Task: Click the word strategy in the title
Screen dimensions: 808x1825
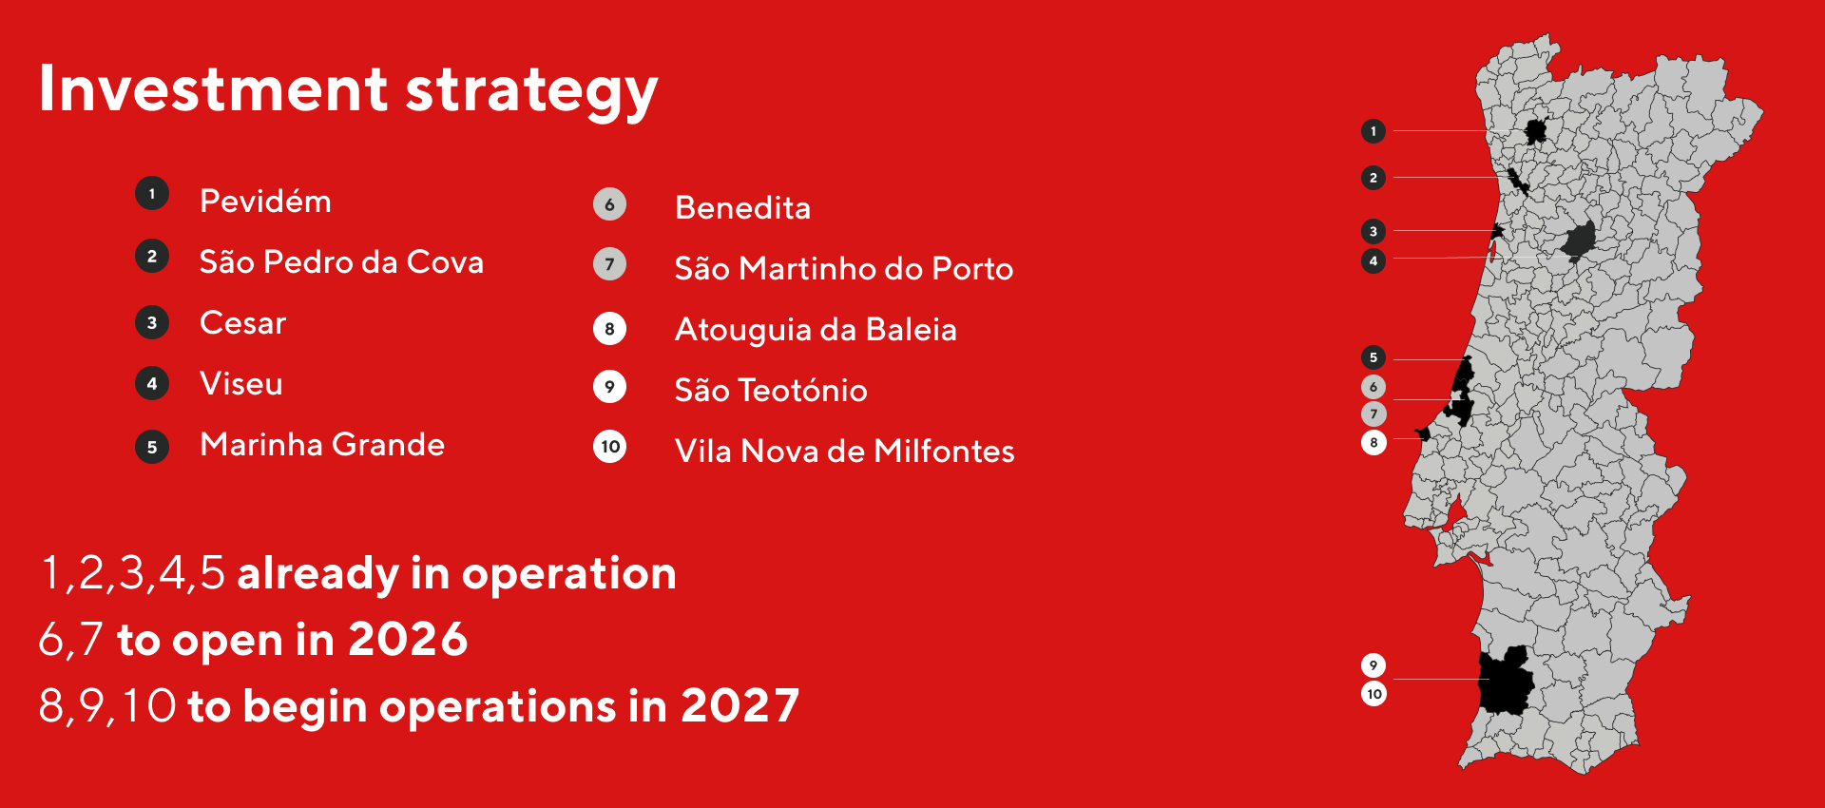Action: click(x=531, y=91)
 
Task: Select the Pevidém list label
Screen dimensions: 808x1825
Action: click(x=265, y=202)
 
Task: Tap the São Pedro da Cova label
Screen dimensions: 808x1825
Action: click(x=341, y=262)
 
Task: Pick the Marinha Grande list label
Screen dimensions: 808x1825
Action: click(x=322, y=445)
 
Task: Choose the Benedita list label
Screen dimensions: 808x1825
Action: click(x=742, y=208)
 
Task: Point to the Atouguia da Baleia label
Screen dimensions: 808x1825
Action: click(x=816, y=330)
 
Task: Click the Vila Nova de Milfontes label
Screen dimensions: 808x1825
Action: click(x=844, y=452)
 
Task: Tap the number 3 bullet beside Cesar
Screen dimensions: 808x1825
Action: click(x=152, y=323)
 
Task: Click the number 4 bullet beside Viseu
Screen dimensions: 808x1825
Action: click(x=152, y=384)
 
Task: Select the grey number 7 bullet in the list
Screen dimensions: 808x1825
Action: click(x=609, y=264)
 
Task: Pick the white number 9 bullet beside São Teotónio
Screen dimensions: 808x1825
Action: click(x=609, y=387)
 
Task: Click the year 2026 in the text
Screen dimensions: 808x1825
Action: click(x=408, y=640)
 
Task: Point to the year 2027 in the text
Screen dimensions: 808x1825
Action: click(x=740, y=706)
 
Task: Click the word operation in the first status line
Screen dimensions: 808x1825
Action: click(x=568, y=574)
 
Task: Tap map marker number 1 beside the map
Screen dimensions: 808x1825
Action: click(x=1373, y=131)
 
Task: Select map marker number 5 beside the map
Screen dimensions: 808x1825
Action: click(x=1373, y=357)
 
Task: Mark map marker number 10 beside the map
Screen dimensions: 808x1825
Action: click(x=1374, y=694)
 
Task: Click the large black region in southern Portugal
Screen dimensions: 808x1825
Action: click(x=1506, y=681)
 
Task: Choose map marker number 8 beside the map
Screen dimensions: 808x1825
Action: click(x=1374, y=442)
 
